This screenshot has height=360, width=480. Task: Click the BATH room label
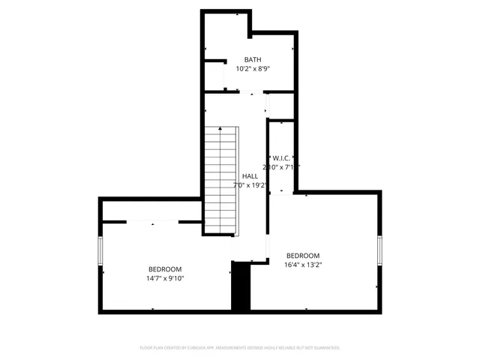tap(253, 59)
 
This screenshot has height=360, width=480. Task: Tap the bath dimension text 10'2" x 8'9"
tap(253, 68)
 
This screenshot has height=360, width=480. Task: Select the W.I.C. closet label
tap(281, 157)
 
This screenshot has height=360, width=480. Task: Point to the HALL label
tap(250, 176)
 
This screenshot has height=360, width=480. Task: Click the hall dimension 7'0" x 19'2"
tap(250, 185)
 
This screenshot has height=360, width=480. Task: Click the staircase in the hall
tap(221, 180)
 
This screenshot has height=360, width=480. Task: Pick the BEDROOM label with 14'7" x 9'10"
tap(164, 269)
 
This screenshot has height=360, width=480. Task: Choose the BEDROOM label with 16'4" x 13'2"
tap(302, 255)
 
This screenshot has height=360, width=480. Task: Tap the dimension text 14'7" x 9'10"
tap(164, 278)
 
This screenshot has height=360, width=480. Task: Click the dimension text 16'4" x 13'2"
tap(302, 264)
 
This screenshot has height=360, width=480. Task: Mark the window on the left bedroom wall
tap(100, 251)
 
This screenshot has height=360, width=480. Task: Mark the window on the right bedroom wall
tap(380, 251)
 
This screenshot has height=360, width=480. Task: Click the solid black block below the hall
tap(240, 286)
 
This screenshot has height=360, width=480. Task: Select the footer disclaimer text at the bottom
tap(240, 348)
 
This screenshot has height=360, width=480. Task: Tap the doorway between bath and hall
tap(253, 92)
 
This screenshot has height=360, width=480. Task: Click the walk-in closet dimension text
tap(281, 167)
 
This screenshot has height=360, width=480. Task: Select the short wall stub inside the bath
tap(215, 61)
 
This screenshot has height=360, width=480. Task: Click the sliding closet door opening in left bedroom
tap(152, 221)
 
